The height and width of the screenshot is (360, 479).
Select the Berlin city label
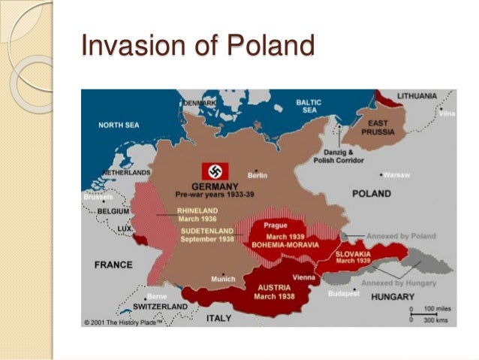pos(258,175)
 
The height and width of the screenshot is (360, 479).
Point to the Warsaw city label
pos(396,175)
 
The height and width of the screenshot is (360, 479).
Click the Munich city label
pos(223,278)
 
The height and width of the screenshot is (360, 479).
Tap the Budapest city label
pos(343,293)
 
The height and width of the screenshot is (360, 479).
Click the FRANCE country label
pos(114,265)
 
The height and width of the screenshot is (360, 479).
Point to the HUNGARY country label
pos(391,298)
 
